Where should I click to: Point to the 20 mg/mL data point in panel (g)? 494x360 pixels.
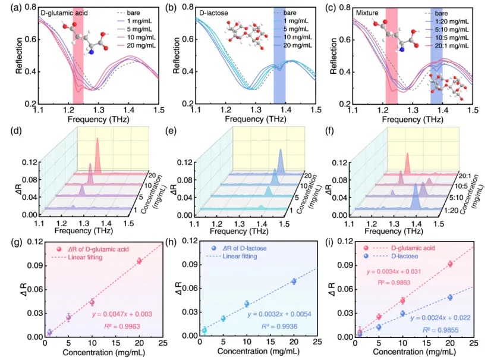(x=139, y=261)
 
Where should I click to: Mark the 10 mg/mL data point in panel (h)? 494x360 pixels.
(x=247, y=303)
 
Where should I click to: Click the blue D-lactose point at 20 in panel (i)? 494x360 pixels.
(x=450, y=297)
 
